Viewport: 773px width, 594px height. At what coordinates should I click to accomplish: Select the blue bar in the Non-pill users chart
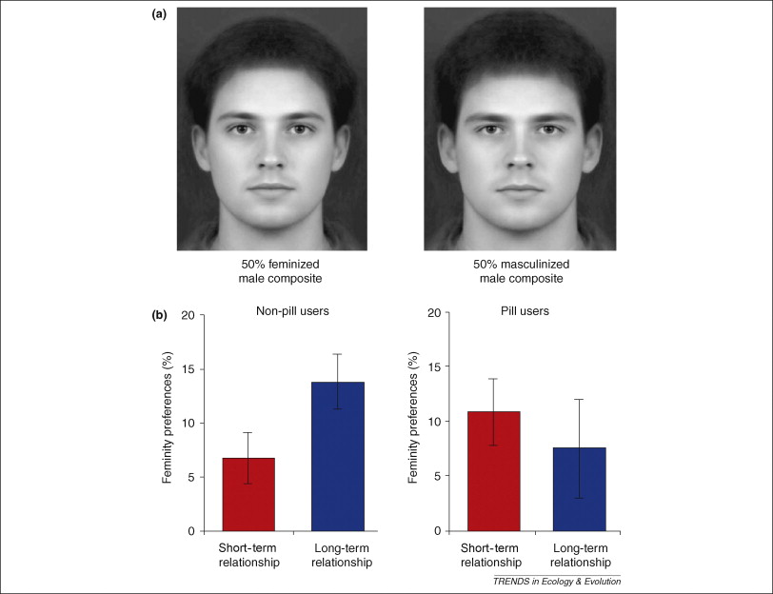[x=338, y=456]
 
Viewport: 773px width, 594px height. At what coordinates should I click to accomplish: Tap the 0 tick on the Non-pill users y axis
[x=191, y=531]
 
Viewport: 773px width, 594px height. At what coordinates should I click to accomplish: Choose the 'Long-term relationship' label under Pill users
[x=580, y=554]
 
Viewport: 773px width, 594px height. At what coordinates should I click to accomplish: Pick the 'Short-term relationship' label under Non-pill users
[x=248, y=554]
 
